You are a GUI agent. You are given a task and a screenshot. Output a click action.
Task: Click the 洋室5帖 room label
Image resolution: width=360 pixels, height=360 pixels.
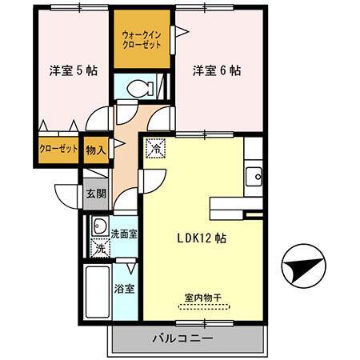click(x=73, y=70)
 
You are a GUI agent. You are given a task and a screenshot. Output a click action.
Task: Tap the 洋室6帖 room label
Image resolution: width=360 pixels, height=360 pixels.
click(x=216, y=70)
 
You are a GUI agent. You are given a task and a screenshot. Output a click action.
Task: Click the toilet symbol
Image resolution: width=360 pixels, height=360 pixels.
click(x=144, y=87)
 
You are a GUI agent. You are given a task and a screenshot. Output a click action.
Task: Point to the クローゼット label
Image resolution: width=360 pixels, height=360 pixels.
click(x=58, y=149)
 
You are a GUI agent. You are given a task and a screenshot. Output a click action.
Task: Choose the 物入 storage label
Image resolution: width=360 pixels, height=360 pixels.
click(x=95, y=149)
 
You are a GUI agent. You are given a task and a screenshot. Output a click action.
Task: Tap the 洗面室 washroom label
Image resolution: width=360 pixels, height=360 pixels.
click(x=123, y=234)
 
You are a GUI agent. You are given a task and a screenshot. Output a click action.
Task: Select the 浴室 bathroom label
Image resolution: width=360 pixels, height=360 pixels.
click(x=123, y=288)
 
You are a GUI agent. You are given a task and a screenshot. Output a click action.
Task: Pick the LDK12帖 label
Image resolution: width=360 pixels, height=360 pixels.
click(x=201, y=237)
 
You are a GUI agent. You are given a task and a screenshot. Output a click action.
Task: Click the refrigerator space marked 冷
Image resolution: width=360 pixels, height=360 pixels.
click(x=156, y=148)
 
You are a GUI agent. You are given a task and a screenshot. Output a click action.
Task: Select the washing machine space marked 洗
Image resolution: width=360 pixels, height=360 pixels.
click(x=100, y=248)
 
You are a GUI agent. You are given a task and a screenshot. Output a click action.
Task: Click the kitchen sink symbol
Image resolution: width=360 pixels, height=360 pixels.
click(x=254, y=174)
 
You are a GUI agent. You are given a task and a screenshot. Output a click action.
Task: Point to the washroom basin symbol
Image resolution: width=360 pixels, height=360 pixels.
click(x=100, y=226)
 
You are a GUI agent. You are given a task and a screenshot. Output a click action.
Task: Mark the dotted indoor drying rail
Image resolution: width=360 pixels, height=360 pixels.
click(x=202, y=306)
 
